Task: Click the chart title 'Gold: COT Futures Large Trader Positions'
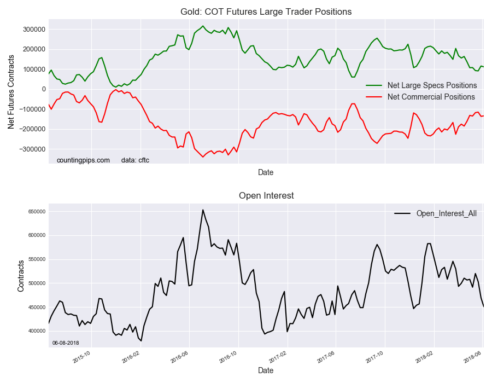(x=266, y=11)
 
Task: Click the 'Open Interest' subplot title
(x=266, y=195)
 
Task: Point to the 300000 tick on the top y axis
(x=33, y=29)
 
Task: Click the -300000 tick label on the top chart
(x=31, y=149)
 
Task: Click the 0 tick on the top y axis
(x=43, y=89)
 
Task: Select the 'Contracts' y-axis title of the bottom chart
(x=21, y=276)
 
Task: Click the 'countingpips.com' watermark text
(x=83, y=160)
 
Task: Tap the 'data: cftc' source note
(x=135, y=160)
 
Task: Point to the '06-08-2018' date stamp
(x=66, y=343)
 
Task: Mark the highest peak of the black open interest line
(x=203, y=210)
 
